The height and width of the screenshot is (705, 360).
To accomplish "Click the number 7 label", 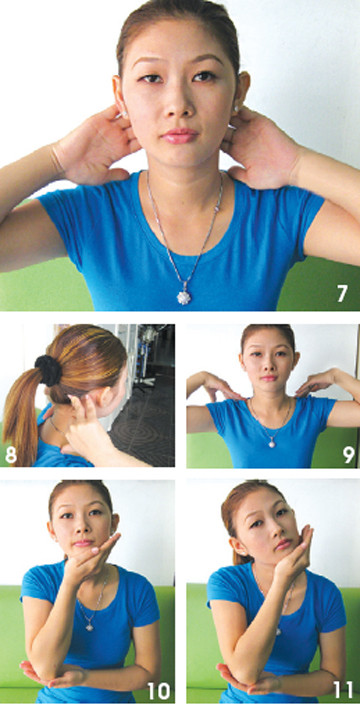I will pos(341,294).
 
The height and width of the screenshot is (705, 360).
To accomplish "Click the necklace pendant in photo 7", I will pos(184,296).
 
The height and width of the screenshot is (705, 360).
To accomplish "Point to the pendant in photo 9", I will pos(271,442).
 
